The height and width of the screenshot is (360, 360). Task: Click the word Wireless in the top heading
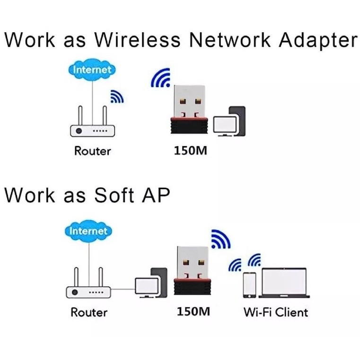[x=137, y=39]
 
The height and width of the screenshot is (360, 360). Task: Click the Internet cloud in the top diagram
[x=92, y=70]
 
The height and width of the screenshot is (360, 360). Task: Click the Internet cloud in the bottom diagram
[x=88, y=231]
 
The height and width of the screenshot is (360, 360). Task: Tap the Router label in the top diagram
[x=93, y=151]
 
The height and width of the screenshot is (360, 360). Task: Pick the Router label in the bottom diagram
[x=89, y=312]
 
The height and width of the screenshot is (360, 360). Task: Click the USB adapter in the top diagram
[x=189, y=109]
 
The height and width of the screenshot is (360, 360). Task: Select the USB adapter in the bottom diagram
[x=193, y=271]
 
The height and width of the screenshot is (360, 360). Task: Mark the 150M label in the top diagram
[x=190, y=150]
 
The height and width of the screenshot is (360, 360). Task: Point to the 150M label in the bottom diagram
[x=193, y=312]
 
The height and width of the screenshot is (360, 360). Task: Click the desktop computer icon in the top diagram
[x=229, y=122]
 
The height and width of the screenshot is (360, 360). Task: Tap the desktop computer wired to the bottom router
[x=151, y=283]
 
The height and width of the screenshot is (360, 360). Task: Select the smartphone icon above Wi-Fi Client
[x=250, y=285]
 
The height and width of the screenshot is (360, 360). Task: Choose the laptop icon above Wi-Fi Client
[x=284, y=283]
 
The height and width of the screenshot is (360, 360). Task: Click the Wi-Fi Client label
[x=276, y=312]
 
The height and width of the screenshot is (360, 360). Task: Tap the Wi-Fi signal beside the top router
[x=117, y=96]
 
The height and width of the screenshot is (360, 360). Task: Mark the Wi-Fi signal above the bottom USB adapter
[x=220, y=239]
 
